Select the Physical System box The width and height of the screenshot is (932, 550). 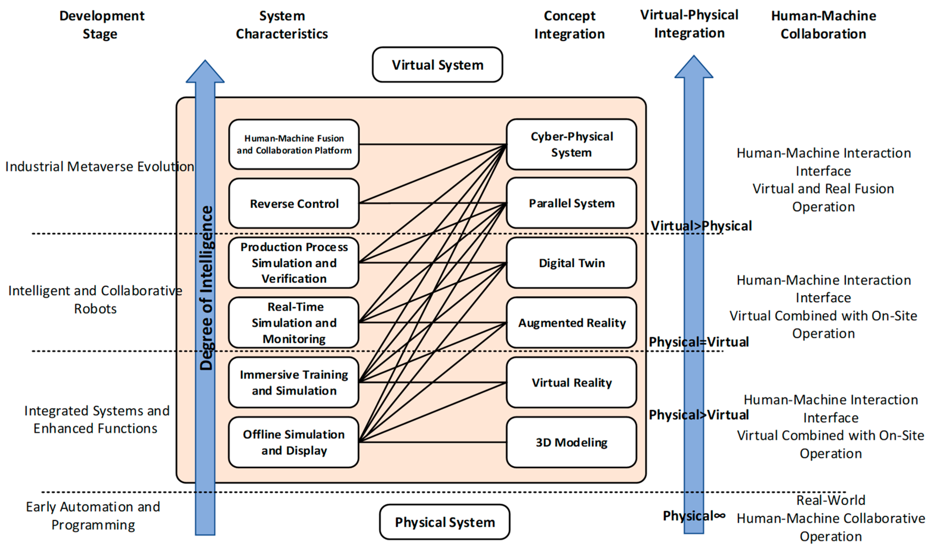pos(444,522)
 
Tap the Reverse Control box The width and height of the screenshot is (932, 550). pos(294,204)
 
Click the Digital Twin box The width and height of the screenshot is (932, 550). pos(571,263)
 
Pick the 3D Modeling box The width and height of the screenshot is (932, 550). pos(571,442)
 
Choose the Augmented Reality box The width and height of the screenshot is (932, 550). pos(571,323)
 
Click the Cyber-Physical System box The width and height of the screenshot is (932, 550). pos(571,144)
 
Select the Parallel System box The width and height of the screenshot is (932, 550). pos(571,203)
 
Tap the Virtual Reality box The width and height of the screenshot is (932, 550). pos(571,383)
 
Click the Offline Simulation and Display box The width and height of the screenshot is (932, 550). pos(294,442)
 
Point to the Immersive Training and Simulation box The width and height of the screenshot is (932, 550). pos(294,383)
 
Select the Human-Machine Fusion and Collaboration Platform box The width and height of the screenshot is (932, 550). pos(294,144)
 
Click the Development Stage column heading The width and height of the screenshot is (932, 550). pos(101,24)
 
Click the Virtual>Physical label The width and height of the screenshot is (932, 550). pos(701,226)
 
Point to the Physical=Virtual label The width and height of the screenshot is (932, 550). pos(699,342)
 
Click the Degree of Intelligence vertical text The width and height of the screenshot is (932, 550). pos(206,288)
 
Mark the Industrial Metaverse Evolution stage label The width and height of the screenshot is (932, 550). pos(100,167)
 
